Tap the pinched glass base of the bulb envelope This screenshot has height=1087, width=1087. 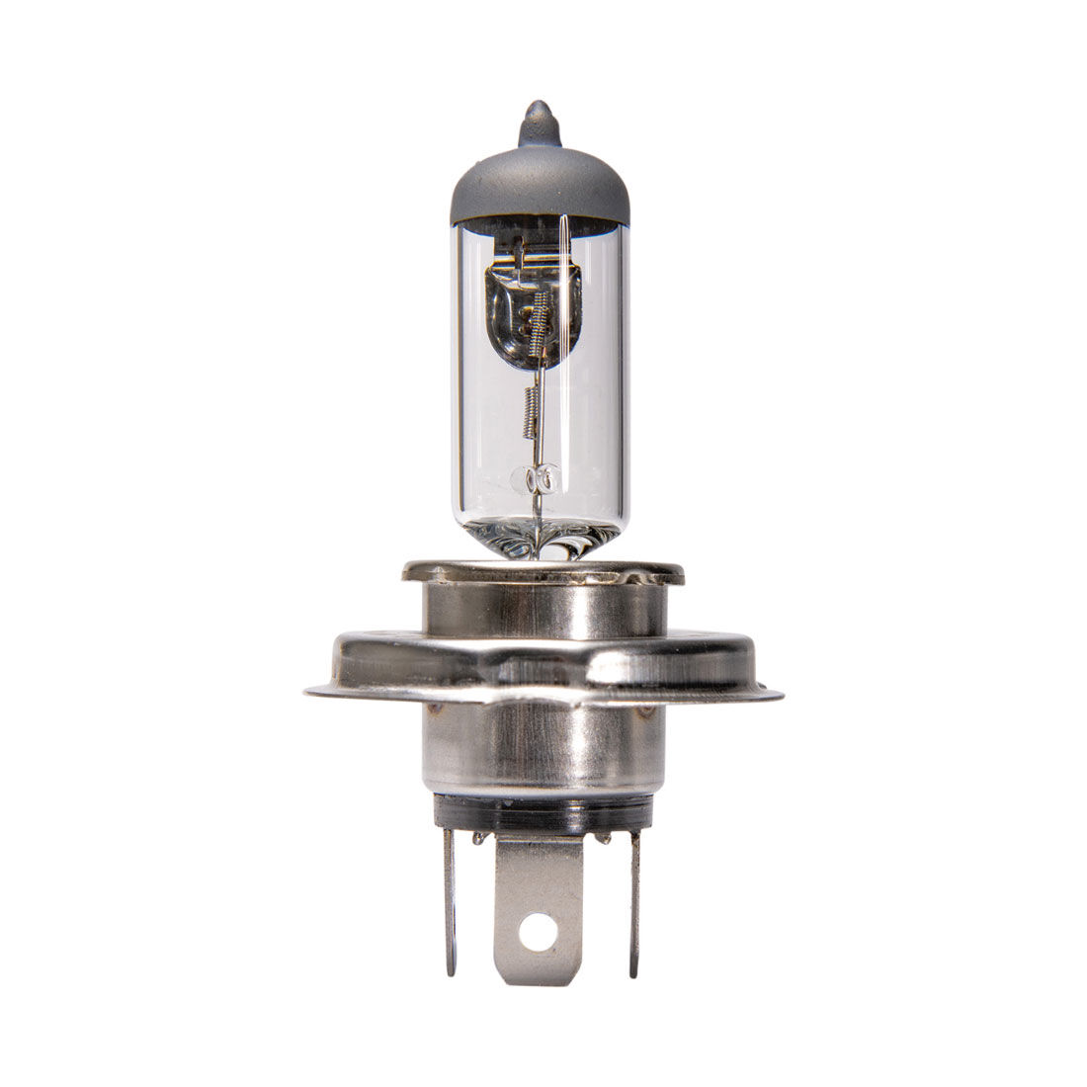point(539,540)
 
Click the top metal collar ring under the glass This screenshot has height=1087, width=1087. point(542,572)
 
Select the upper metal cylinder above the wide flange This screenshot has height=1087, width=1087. point(542,609)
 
